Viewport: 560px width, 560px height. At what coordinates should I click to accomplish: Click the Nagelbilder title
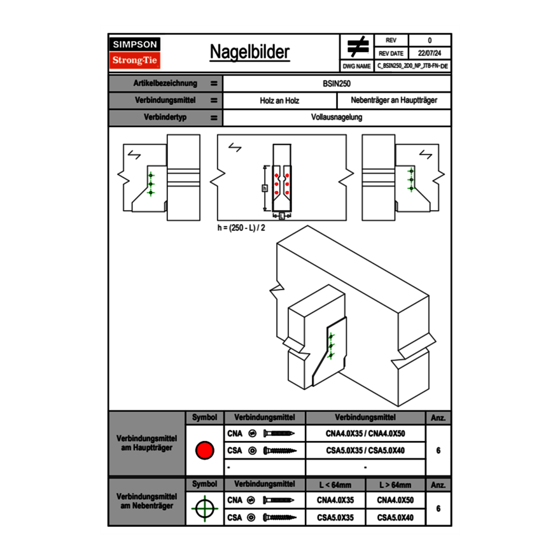pos(249,52)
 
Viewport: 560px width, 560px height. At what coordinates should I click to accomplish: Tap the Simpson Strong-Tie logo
pos(136,53)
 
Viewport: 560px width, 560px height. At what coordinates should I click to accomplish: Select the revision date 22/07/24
pos(430,53)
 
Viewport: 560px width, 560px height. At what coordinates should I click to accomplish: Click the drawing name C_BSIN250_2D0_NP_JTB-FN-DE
pos(412,66)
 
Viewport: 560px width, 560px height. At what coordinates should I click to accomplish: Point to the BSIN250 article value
pos(337,83)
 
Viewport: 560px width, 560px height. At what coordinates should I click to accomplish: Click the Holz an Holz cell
pos(279,101)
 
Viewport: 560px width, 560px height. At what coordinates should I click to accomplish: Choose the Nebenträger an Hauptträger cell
pos(394,101)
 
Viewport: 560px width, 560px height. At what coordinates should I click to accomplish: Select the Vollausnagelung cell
pos(337,117)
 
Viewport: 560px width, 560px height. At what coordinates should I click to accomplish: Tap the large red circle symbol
pos(204,451)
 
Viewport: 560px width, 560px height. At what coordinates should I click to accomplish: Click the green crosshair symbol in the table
pos(204,508)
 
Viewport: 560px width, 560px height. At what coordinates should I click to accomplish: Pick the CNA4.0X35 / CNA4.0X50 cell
pos(365,433)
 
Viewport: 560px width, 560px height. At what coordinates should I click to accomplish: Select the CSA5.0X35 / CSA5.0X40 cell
pos(365,451)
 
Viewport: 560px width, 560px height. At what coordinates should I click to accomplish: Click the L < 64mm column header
pos(335,485)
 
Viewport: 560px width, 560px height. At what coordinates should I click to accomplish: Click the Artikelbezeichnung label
pos(165,83)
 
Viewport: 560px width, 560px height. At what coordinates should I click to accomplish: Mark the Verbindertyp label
pos(165,117)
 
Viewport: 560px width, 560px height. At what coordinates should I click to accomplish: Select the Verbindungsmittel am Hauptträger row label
pos(146,444)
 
